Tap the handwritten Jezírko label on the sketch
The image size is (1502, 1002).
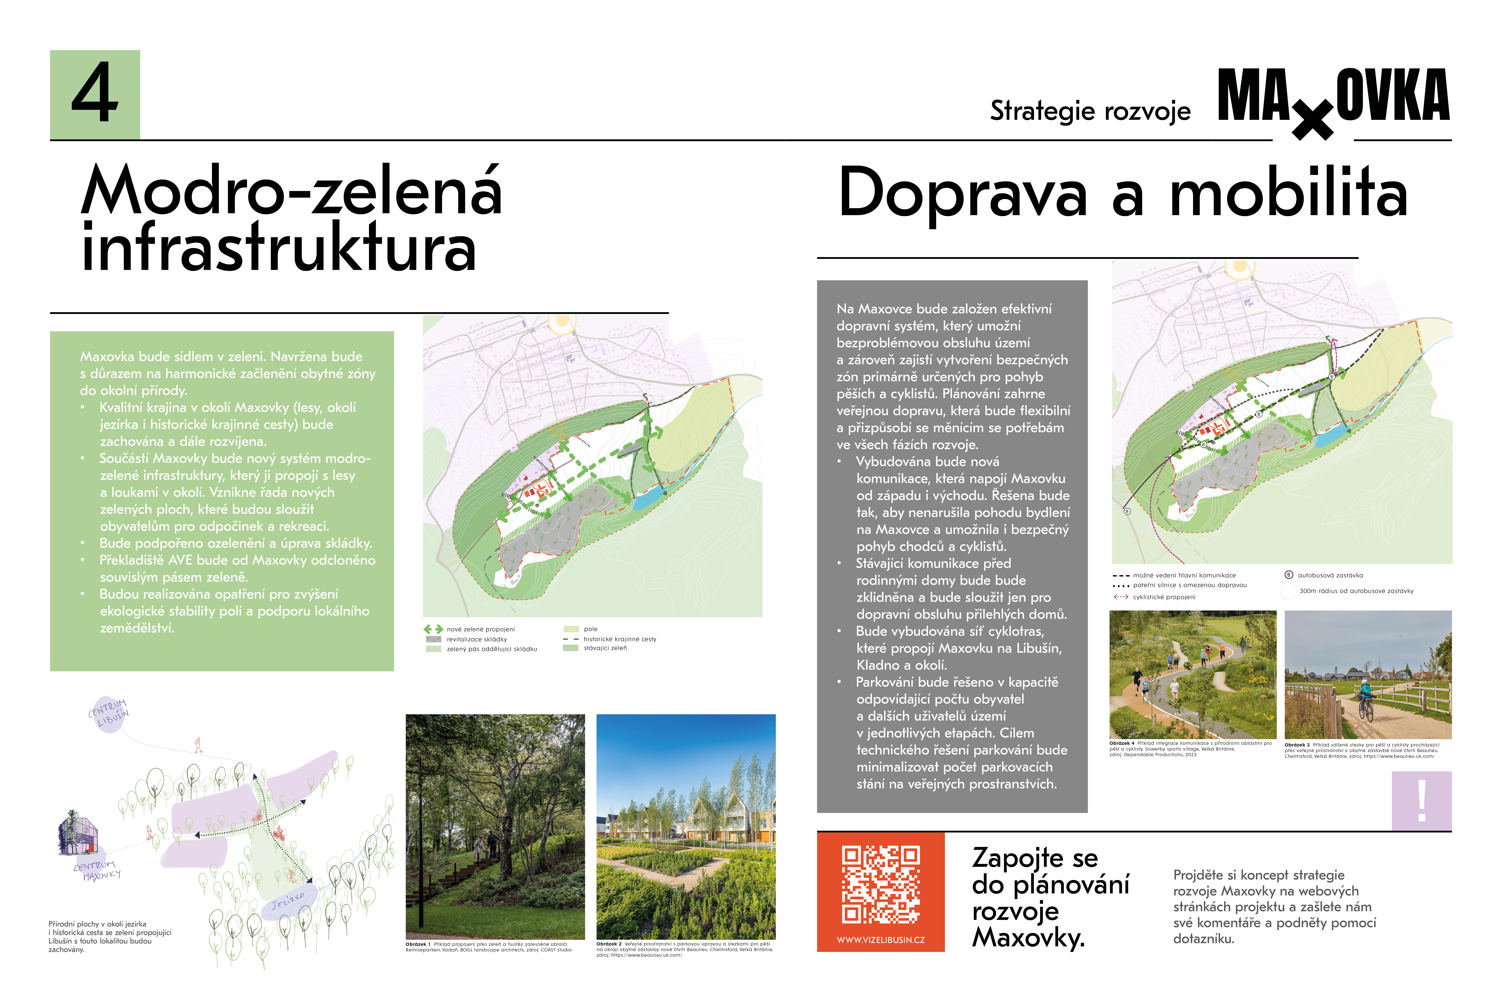287,900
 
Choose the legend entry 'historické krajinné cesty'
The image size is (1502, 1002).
619,639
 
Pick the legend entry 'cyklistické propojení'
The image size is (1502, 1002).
1164,597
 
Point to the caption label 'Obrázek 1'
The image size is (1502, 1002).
418,944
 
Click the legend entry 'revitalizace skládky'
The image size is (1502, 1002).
476,639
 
